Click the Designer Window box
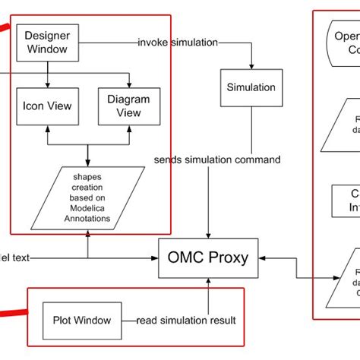pyautogui.click(x=47, y=43)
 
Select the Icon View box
pyautogui.click(x=47, y=106)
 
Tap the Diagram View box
pyautogui.click(x=130, y=106)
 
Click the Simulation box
pyautogui.click(x=251, y=87)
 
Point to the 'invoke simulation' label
pyautogui.click(x=177, y=42)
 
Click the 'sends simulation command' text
pyautogui.click(x=216, y=159)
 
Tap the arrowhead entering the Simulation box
pyautogui.click(x=251, y=66)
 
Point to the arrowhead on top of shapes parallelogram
pyautogui.click(x=88, y=166)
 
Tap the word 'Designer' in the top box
pyautogui.click(x=47, y=36)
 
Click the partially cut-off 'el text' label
pyautogui.click(x=14, y=258)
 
